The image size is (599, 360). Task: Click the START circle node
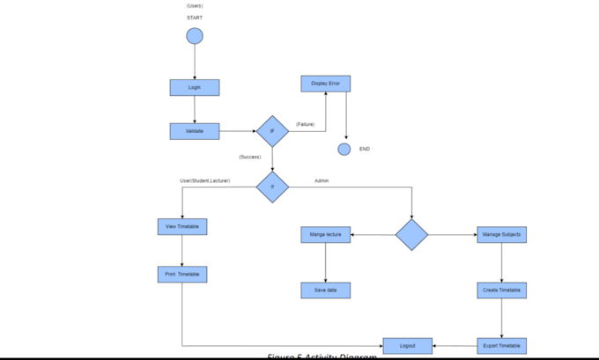(195, 36)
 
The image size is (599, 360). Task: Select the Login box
(195, 87)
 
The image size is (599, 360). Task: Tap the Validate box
(195, 131)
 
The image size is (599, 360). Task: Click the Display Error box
(326, 84)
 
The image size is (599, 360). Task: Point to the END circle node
(344, 149)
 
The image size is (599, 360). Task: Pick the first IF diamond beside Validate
(272, 131)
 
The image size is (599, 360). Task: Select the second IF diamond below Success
(272, 187)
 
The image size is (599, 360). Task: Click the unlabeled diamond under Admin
(411, 235)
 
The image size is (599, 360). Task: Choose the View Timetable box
(181, 226)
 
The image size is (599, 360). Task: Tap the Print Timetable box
(181, 275)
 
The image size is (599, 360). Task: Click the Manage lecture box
(326, 234)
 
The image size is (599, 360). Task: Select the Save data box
(326, 290)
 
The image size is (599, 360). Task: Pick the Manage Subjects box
(502, 234)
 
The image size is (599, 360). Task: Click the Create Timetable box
(502, 290)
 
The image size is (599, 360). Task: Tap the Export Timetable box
(502, 346)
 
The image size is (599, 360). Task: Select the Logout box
(408, 346)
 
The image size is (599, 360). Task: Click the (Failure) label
(305, 124)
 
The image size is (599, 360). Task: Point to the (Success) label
(249, 157)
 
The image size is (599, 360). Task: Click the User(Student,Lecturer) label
(205, 180)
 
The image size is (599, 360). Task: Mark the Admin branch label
(322, 180)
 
